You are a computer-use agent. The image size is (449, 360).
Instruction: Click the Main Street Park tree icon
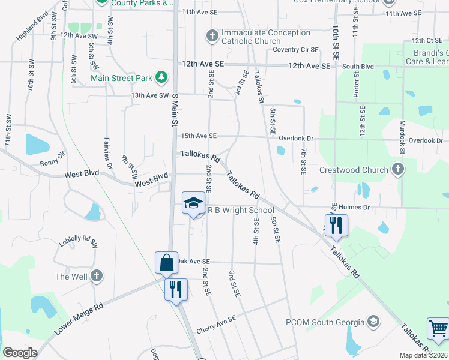(161, 77)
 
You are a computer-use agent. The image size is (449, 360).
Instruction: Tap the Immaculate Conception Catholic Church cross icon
(212, 36)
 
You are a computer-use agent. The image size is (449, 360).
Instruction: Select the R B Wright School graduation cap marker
(193, 203)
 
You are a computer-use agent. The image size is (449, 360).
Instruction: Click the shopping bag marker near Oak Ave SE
(166, 263)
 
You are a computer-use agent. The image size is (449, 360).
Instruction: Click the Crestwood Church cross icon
(397, 170)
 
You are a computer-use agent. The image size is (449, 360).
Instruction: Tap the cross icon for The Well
(97, 277)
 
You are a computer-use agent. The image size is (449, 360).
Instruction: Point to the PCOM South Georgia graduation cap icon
(373, 322)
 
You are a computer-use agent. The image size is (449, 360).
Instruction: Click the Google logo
(20, 353)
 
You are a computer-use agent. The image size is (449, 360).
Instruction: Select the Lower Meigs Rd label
(79, 319)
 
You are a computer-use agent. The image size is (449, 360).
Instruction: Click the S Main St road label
(176, 110)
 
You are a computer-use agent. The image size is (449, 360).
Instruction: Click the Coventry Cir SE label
(295, 49)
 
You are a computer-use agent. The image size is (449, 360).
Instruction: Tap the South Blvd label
(358, 67)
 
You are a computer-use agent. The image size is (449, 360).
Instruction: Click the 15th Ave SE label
(199, 136)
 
